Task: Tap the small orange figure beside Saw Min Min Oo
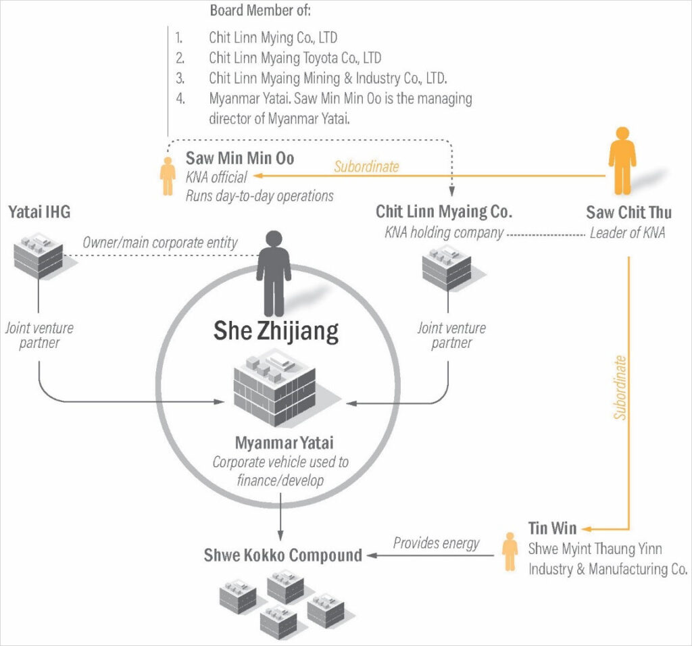point(168,177)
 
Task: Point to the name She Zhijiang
point(276,330)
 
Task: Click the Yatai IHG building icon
point(38,257)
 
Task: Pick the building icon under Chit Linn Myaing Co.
point(447,268)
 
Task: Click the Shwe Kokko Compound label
point(283,555)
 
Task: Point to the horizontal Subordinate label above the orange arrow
point(366,166)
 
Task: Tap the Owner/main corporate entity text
point(160,242)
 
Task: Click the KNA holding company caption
point(444,233)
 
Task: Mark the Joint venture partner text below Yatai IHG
point(39,335)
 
